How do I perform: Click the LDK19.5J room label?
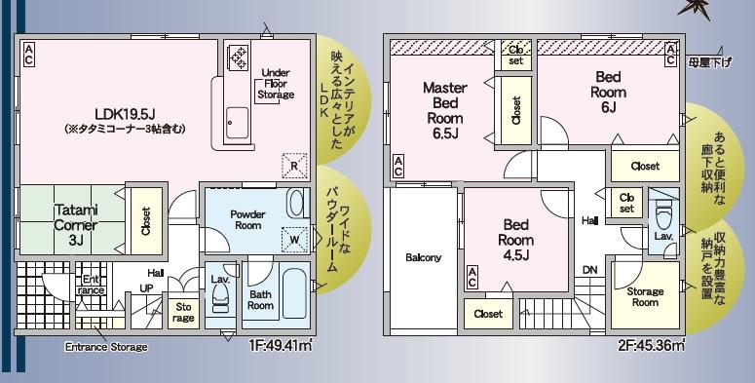[x=125, y=114]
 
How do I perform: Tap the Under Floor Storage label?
[x=276, y=84]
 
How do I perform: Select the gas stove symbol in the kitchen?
[x=238, y=57]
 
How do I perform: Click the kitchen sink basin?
[x=238, y=123]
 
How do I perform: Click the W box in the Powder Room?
[x=294, y=240]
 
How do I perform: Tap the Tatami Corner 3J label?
[x=76, y=224]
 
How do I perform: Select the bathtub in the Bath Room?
[x=294, y=293]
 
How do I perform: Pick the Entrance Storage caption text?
[x=106, y=347]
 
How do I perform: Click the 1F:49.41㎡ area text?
[x=281, y=345]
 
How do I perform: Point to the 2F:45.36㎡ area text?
[x=652, y=345]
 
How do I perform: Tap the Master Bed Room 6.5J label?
[x=445, y=110]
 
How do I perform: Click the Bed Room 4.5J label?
[x=516, y=240]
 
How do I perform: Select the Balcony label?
[x=423, y=257]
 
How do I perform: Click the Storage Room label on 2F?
[x=645, y=297]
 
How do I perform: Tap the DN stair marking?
[x=589, y=270]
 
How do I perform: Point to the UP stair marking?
[x=146, y=288]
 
